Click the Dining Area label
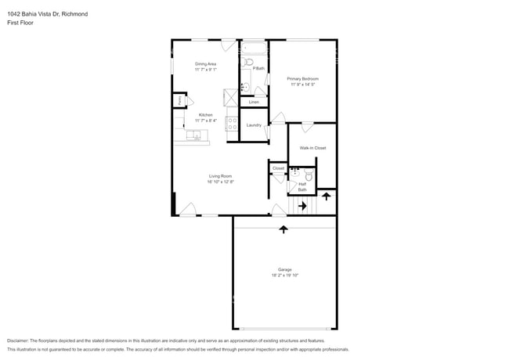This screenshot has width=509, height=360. pos(206,64)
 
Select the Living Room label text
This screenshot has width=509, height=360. pos(221,176)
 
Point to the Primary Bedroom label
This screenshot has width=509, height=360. pos(302,79)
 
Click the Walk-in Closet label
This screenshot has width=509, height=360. pos(312,148)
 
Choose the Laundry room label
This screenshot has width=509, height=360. pos(254,125)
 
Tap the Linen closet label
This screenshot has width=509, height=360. pos(254,103)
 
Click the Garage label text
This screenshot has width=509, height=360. pos(284,269)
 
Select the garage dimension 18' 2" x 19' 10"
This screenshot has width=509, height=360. pos(284,275)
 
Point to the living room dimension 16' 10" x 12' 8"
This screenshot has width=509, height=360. pos(221,182)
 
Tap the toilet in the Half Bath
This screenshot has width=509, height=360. pos(309,178)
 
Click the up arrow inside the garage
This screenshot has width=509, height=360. pos(283,229)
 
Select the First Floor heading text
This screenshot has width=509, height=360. pos(20,23)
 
